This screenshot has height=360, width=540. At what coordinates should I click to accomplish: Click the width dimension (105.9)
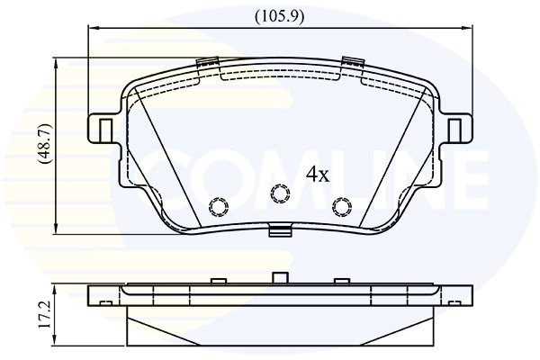[x=278, y=14]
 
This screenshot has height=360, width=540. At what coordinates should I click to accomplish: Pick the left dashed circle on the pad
[x=217, y=207]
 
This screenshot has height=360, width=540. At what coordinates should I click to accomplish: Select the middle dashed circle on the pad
[x=279, y=192]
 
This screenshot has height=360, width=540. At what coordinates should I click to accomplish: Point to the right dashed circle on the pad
[x=341, y=207]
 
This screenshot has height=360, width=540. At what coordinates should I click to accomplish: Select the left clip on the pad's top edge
[x=207, y=63]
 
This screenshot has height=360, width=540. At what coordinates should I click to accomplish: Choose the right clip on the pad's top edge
[x=351, y=63]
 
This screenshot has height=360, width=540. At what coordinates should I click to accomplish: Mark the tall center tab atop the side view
[x=280, y=277]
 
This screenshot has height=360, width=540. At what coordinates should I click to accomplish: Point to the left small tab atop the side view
[x=217, y=281]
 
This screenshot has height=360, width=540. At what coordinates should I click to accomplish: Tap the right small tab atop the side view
[x=341, y=281]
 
